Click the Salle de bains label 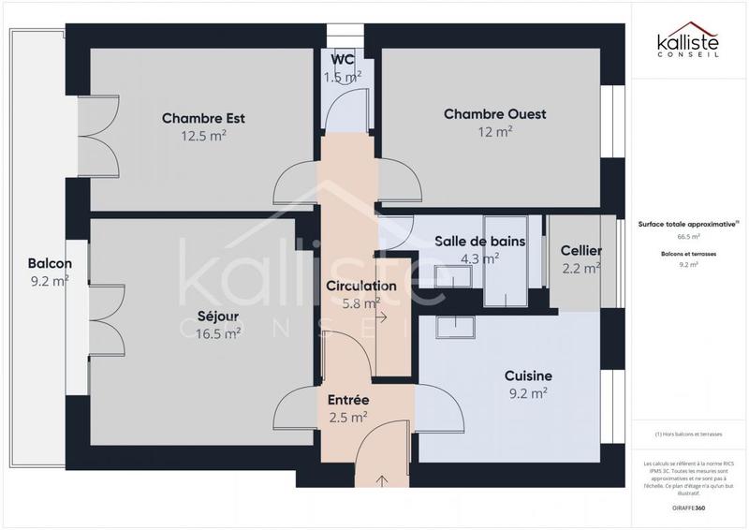point(479,241)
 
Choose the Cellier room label point(580,251)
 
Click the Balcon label point(50,263)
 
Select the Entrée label point(347,400)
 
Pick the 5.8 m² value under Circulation point(360,303)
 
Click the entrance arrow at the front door point(382,481)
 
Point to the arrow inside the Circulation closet point(382,318)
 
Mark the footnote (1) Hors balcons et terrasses point(688,434)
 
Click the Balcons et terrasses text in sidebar point(688,254)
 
